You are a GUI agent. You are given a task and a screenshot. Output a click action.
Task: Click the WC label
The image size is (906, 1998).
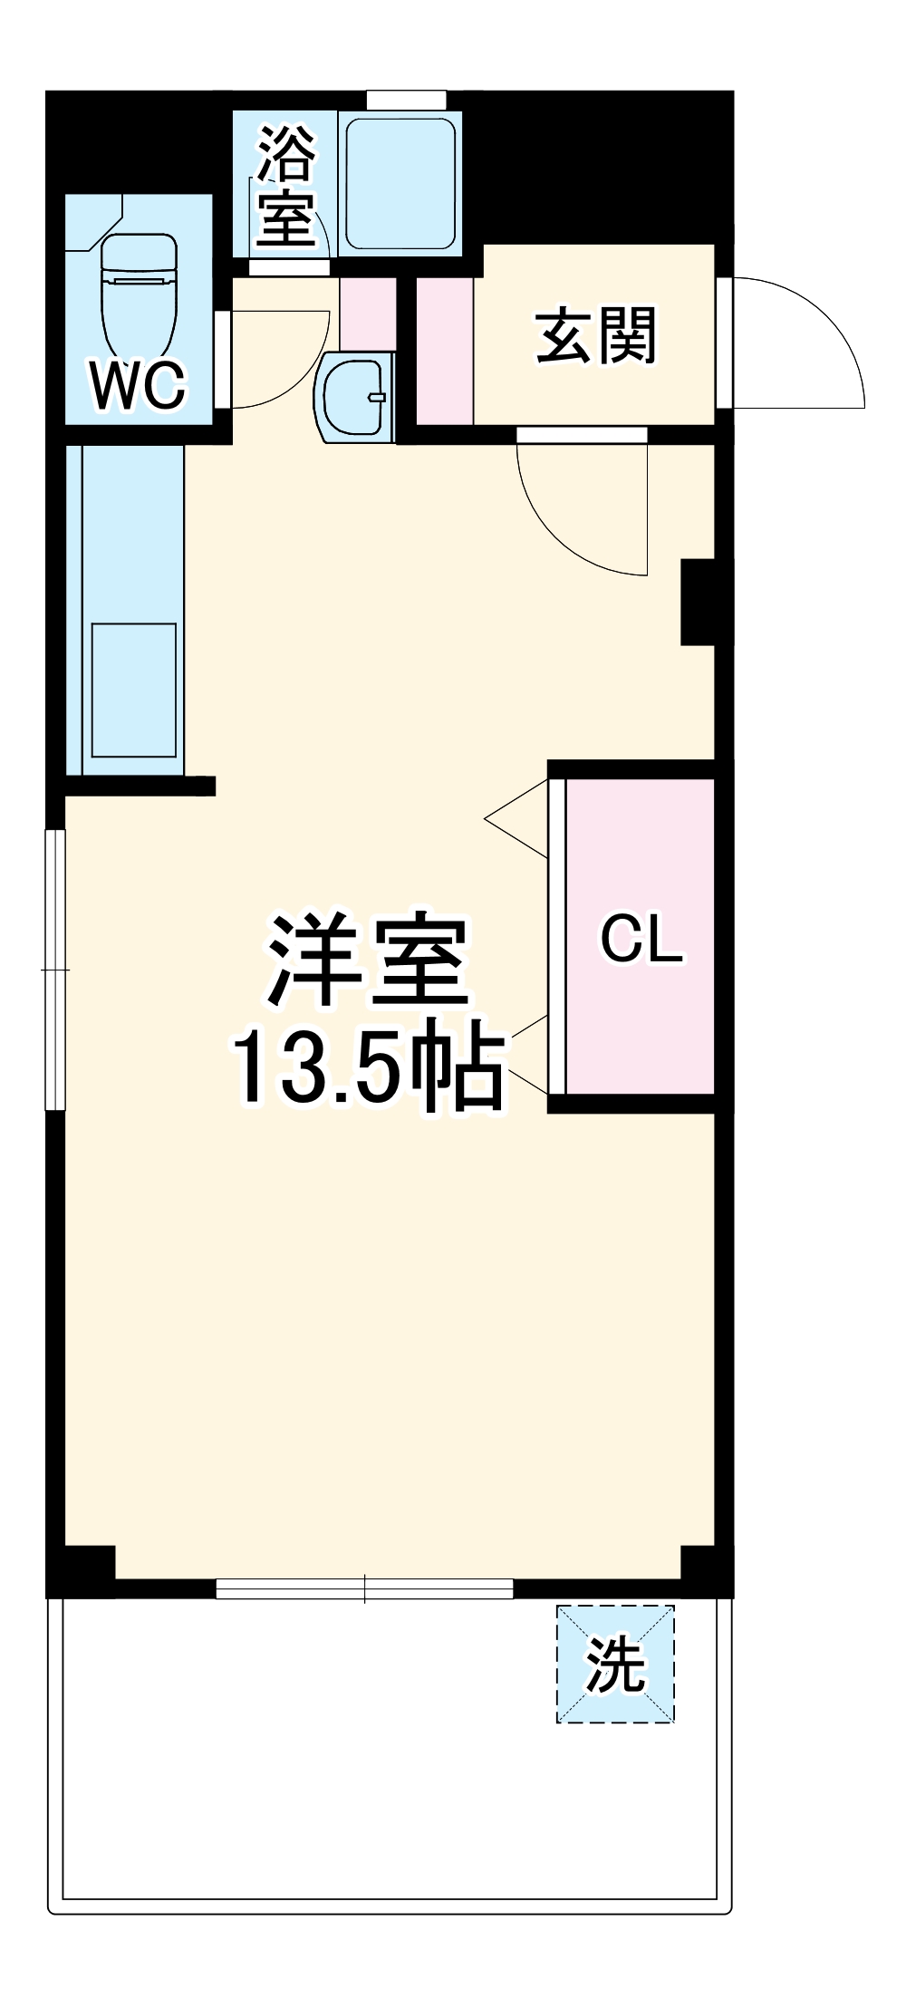(x=138, y=384)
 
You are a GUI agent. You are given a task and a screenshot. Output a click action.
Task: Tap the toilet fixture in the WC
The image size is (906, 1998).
(x=138, y=294)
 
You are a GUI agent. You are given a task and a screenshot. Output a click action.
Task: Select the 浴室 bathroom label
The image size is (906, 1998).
(x=286, y=185)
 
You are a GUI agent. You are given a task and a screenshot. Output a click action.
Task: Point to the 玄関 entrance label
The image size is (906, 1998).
(x=595, y=336)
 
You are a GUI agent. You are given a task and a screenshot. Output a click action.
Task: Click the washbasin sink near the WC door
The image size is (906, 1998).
(x=357, y=397)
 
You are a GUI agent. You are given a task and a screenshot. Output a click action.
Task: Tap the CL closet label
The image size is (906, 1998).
(x=641, y=939)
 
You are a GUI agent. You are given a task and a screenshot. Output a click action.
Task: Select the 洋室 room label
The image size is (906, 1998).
(x=367, y=963)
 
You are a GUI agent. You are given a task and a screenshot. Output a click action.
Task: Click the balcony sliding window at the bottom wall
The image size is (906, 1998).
(x=364, y=1588)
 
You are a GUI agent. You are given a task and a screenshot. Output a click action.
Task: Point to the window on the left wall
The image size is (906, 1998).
(x=56, y=969)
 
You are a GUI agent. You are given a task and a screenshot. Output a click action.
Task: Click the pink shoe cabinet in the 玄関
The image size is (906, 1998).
(x=444, y=351)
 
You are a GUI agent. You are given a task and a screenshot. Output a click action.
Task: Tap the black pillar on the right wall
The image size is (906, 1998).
(x=698, y=602)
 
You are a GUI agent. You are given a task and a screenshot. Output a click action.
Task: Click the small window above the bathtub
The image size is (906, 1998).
(x=406, y=100)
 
